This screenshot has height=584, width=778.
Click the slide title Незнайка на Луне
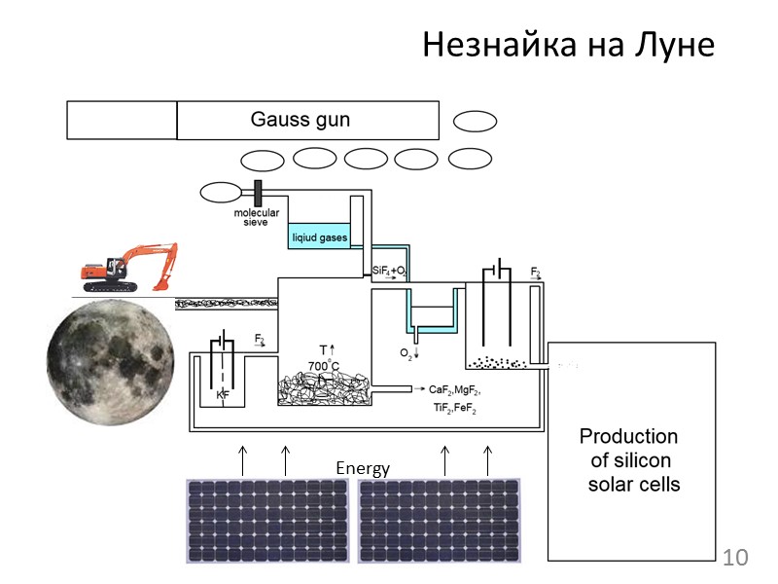tap(568, 45)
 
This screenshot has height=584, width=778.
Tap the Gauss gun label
tap(300, 120)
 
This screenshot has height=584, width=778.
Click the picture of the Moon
tap(112, 361)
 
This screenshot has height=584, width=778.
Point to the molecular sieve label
tap(256, 217)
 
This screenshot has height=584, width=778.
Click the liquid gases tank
tap(318, 236)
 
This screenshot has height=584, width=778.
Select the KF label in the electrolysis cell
tap(223, 397)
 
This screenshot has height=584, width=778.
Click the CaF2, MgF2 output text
tap(453, 389)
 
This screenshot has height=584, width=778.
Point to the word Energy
tap(363, 468)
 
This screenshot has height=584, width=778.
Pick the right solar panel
tap(440, 521)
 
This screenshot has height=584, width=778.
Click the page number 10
tap(736, 558)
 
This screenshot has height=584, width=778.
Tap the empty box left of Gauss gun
tap(122, 121)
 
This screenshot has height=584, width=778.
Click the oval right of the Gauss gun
tap(476, 121)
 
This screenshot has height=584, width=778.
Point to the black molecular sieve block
tap(259, 192)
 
